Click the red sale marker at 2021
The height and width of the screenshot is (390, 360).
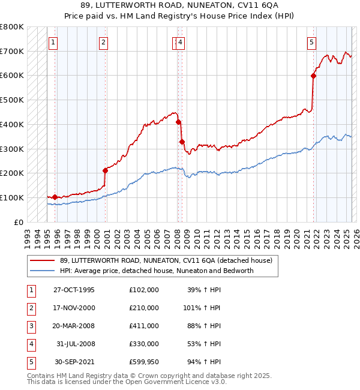point(313,76)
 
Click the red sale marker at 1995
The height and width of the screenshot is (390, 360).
point(55,197)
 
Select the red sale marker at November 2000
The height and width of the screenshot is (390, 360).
point(105,170)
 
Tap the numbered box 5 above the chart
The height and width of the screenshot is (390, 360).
point(312,42)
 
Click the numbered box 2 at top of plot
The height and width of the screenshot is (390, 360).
point(104,42)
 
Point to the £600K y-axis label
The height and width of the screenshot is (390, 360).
point(12,76)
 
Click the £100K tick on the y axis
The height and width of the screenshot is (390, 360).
point(12,197)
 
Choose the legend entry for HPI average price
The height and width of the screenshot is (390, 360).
point(157,271)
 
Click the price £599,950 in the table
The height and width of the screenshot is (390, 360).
point(143,362)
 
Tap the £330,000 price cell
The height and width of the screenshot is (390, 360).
point(143,344)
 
